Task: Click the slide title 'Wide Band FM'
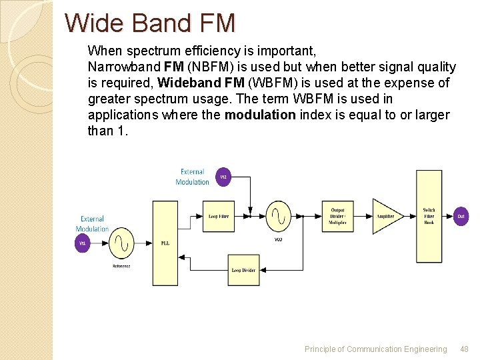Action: (x=150, y=23)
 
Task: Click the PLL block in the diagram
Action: (x=165, y=243)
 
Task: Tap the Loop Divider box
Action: (x=243, y=270)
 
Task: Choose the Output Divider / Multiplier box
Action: (x=338, y=215)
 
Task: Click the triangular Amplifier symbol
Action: (x=385, y=216)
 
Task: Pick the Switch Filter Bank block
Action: (x=429, y=216)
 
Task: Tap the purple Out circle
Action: (x=461, y=216)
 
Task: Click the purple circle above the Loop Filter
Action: (x=224, y=177)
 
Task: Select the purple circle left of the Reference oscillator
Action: (x=83, y=243)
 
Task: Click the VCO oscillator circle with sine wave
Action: (x=278, y=215)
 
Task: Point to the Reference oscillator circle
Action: (x=121, y=243)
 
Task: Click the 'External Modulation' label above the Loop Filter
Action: (x=192, y=177)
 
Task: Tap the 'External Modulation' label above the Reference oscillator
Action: (x=92, y=223)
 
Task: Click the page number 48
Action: (x=464, y=349)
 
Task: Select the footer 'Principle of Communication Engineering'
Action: (x=375, y=349)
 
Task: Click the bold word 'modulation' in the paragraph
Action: (x=259, y=115)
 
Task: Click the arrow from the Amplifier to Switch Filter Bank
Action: (x=410, y=216)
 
